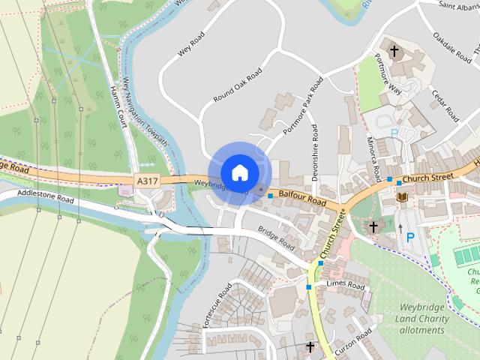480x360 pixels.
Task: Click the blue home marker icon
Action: pyautogui.click(x=239, y=172)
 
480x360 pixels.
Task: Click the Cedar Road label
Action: pyautogui.click(x=444, y=105)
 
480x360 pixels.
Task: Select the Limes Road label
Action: pyautogui.click(x=346, y=286)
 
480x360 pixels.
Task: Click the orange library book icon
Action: pyautogui.click(x=403, y=196)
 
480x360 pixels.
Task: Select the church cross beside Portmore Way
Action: pyautogui.click(x=395, y=52)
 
